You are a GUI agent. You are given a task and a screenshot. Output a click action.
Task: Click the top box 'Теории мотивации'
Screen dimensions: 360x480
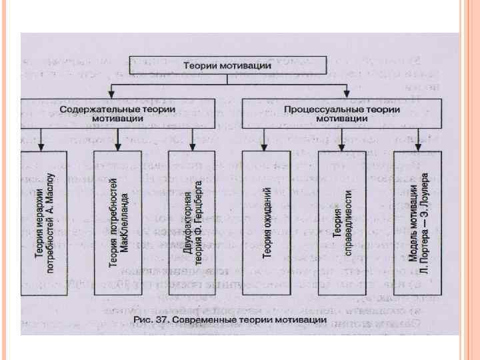(227, 65)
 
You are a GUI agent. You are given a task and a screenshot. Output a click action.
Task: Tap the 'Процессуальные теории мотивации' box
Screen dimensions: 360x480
(341, 113)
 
